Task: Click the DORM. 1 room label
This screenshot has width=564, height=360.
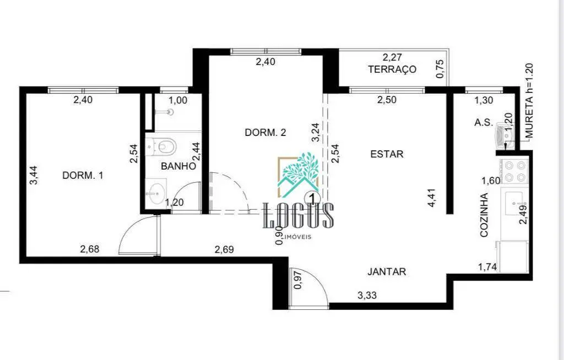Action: pos(83,176)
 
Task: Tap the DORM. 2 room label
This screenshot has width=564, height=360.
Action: pos(265,133)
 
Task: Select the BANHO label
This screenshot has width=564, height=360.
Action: pos(178,166)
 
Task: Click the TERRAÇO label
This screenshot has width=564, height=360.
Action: pos(392,69)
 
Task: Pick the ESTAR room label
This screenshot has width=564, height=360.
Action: pos(387,154)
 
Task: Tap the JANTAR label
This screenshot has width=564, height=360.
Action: pos(387,272)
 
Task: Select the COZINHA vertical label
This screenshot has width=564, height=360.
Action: pos(485,215)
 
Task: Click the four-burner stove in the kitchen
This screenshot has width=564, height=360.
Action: pos(514,171)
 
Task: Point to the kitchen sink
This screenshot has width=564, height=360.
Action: pos(514,204)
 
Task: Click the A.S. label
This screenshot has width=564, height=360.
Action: pos(484,122)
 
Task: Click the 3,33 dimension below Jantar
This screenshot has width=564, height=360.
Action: pos(367,296)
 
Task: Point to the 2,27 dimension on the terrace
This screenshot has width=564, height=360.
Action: pos(392,57)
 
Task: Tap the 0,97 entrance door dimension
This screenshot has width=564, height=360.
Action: pos(298,280)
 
